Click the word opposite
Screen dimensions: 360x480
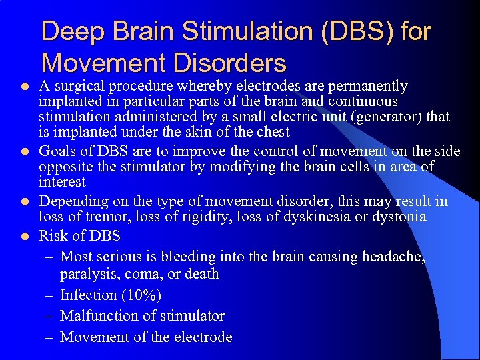click(65, 167)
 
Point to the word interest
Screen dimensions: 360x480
click(62, 182)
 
